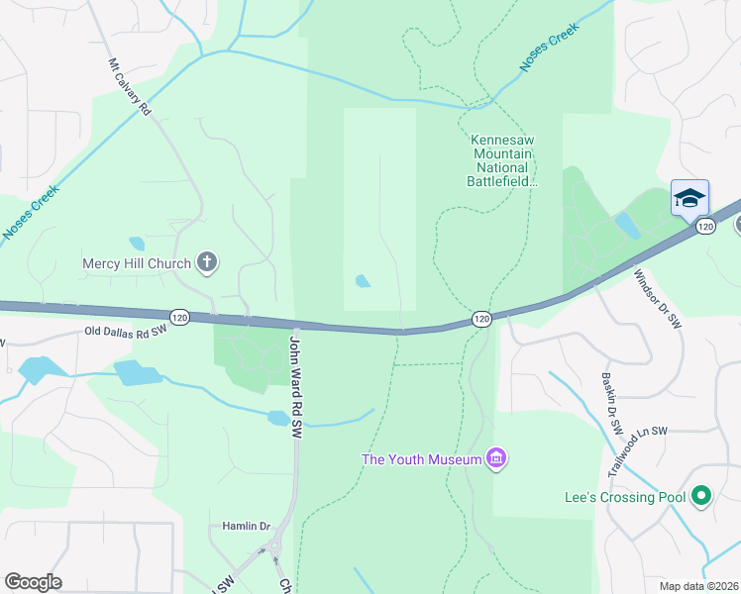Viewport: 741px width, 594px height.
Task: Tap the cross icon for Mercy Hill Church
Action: point(207,262)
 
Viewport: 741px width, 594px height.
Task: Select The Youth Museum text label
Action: point(421,458)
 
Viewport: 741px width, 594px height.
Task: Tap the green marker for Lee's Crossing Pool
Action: point(702,495)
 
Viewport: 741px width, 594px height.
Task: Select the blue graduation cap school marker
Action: point(689,197)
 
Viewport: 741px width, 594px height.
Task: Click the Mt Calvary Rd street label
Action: point(130,87)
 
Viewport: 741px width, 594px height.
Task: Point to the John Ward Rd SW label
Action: point(294,385)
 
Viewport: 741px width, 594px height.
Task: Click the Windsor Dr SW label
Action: point(658,298)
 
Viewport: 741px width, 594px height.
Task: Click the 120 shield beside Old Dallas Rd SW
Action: point(178,317)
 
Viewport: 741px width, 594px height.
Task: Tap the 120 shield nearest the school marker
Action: point(705,227)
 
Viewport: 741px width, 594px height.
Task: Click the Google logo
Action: point(33,582)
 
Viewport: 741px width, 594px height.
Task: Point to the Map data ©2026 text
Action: point(699,586)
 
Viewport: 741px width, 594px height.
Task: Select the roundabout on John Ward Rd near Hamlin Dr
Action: point(274,544)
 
